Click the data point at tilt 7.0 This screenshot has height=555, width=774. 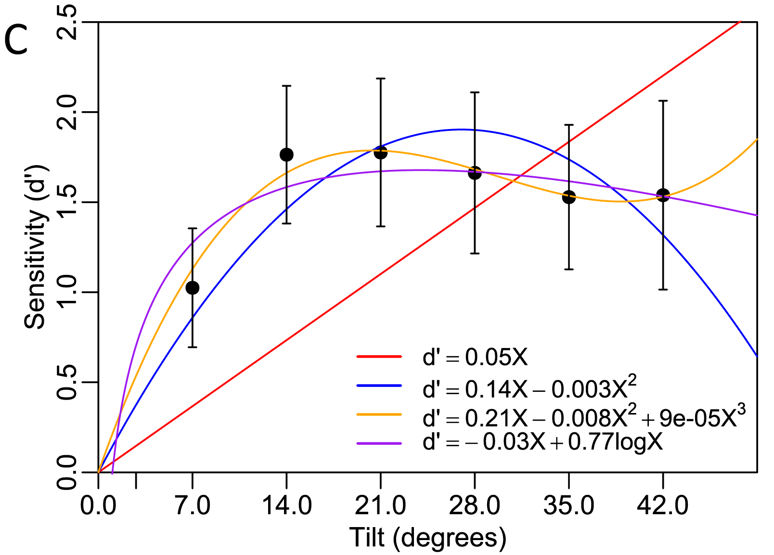pos(193,288)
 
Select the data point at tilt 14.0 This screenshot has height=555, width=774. pos(286,155)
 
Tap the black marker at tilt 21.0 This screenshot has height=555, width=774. pos(381,153)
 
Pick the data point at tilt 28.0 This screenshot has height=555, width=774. pos(475,173)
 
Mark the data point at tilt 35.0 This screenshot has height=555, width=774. pos(569,197)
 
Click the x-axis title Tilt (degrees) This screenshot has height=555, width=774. pos(427,538)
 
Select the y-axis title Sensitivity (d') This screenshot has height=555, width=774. pos(36,247)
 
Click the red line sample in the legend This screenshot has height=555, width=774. pos(379,357)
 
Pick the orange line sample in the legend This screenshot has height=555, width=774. pos(379,414)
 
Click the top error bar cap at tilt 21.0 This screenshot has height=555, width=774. pos(381,78)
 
